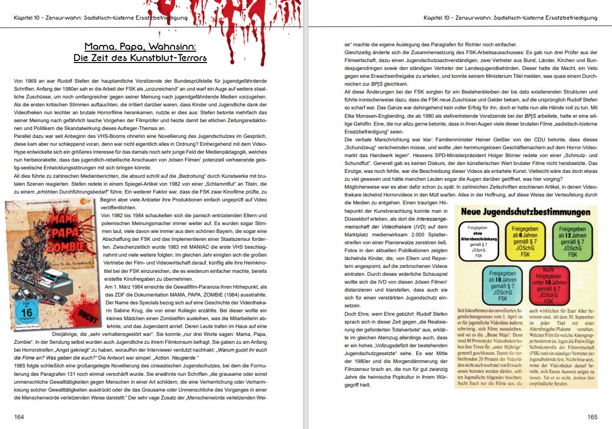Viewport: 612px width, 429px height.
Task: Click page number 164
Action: [x=19, y=417]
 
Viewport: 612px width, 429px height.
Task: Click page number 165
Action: [x=592, y=417]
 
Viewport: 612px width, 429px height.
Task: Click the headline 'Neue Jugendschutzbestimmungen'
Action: [x=525, y=212]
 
